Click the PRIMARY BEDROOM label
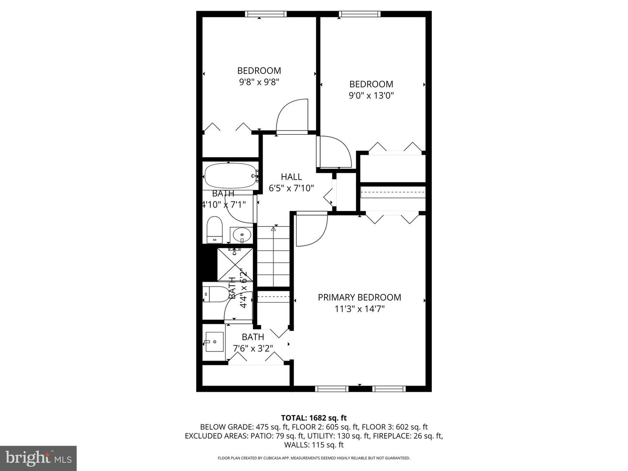tap(359, 297)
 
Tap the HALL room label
tap(291, 177)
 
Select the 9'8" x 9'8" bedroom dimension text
tap(259, 82)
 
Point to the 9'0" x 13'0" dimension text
tap(371, 96)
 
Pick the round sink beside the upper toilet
tap(241, 235)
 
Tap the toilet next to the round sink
tap(215, 229)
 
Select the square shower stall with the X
tap(235, 264)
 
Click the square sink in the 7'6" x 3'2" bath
tap(214, 342)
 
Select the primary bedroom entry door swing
tap(311, 230)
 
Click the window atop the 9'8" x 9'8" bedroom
tap(266, 14)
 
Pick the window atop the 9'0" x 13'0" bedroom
tap(360, 14)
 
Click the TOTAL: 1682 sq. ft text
tap(314, 418)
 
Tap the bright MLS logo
tap(38, 458)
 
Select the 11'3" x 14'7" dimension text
tap(359, 309)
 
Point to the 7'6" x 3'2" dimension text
tap(253, 348)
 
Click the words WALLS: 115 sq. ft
tap(314, 445)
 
